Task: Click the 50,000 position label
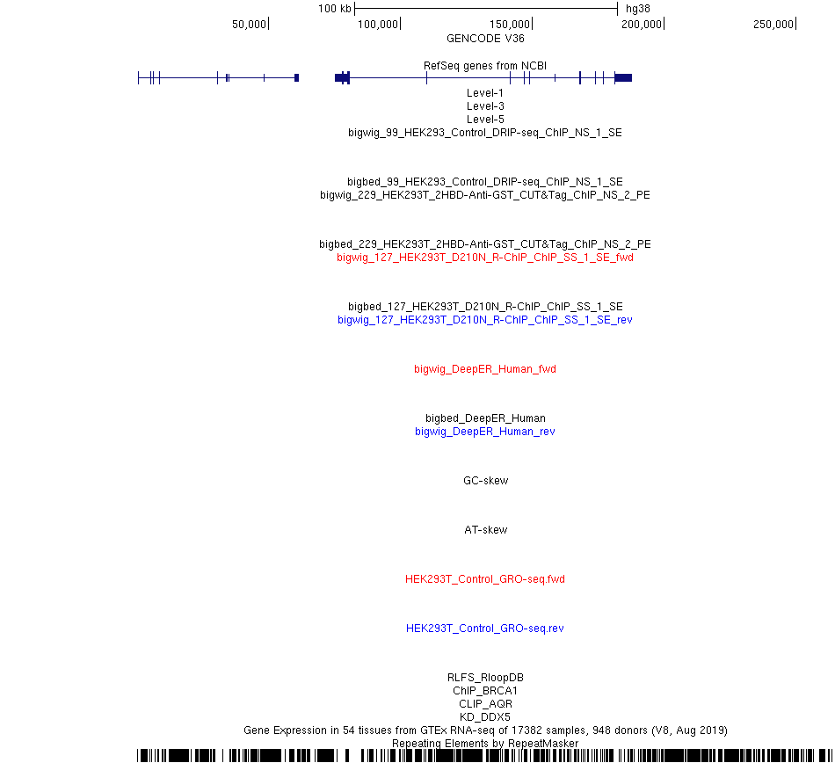point(249,25)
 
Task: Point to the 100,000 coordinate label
point(378,25)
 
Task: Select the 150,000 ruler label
point(510,25)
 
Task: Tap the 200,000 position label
point(641,25)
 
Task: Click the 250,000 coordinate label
point(773,25)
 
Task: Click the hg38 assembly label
point(637,9)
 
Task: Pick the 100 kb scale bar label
point(334,9)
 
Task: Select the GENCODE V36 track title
point(485,39)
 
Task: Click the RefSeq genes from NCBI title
point(485,66)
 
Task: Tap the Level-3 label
point(485,106)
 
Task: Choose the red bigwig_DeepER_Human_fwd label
point(485,369)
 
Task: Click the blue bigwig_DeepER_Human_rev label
point(485,432)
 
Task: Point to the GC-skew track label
point(486,481)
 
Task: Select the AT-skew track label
point(486,530)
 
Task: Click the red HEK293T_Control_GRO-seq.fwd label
point(485,579)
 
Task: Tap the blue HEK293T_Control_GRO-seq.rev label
point(485,629)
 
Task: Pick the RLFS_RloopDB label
point(485,678)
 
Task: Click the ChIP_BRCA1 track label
point(485,691)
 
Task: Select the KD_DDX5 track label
point(485,717)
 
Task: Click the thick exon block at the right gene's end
point(623,77)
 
